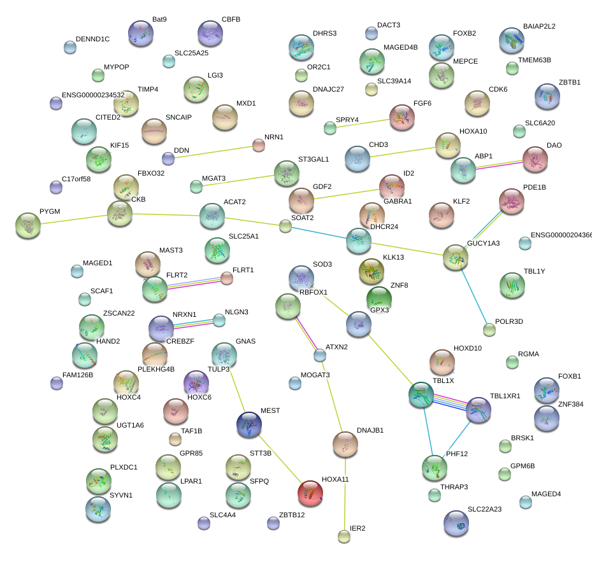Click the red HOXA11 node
tap(310, 493)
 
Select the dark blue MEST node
tap(249, 425)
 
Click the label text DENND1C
tap(92, 39)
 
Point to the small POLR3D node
tap(489, 330)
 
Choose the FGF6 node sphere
tap(401, 118)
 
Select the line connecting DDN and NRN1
tap(213, 152)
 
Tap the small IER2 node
tap(344, 536)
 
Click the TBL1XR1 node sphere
tap(478, 410)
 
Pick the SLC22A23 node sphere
tap(456, 523)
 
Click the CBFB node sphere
tap(210, 34)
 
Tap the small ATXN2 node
tap(320, 355)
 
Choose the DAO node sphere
tap(535, 160)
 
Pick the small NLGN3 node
tap(219, 320)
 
